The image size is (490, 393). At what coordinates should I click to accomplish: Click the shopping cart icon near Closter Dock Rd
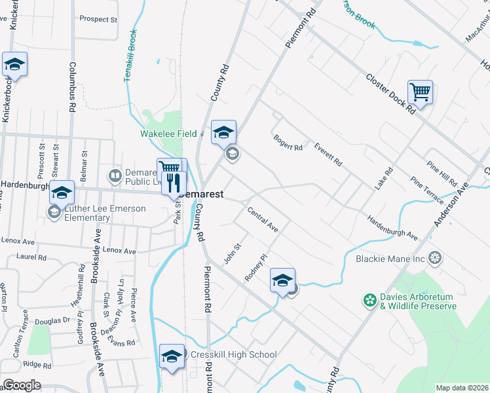point(420,92)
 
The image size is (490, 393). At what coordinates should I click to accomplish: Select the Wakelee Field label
point(168,134)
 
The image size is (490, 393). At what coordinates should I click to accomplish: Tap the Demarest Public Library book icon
point(115,176)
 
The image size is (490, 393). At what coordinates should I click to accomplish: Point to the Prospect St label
point(98,20)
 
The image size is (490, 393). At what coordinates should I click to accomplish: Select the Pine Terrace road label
point(427,188)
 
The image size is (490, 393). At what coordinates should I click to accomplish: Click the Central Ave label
point(263,220)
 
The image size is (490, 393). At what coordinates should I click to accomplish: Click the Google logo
point(21,385)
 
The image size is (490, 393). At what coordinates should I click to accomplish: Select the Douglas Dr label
point(52,321)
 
